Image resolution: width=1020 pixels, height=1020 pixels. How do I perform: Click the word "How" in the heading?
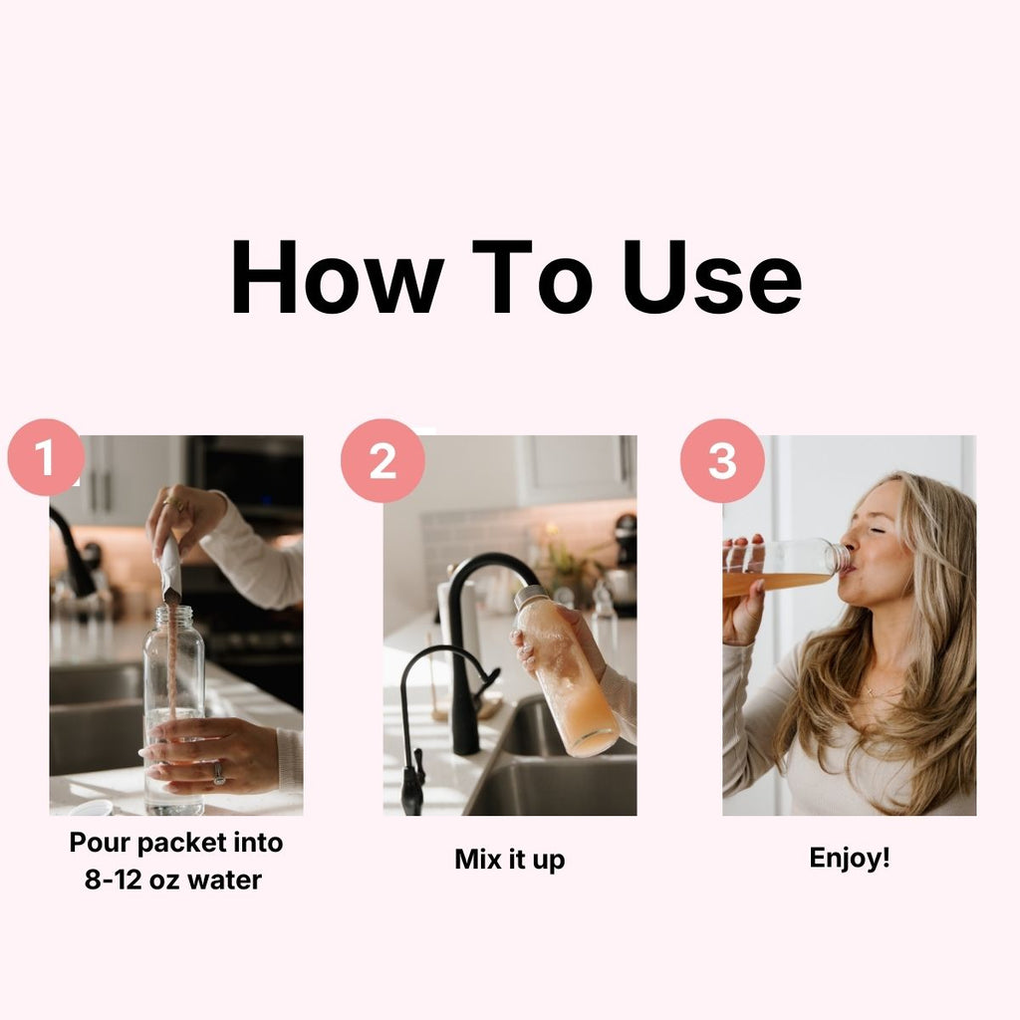point(338,277)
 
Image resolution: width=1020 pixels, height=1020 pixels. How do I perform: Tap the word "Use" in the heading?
point(711,277)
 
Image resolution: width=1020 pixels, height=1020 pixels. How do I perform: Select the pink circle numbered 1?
point(46,457)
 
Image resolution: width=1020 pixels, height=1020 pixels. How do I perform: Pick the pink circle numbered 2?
point(382,460)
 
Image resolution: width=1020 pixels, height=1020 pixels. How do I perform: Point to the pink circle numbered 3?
point(722,460)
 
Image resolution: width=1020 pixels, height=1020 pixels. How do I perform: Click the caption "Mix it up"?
point(509,860)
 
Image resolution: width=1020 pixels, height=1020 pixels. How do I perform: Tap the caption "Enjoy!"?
point(849,858)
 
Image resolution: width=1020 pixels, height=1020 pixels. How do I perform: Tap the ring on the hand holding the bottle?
point(219,773)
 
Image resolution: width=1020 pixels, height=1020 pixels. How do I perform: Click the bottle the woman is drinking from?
point(787,567)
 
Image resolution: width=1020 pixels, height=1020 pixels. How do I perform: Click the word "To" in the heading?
point(532,277)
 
